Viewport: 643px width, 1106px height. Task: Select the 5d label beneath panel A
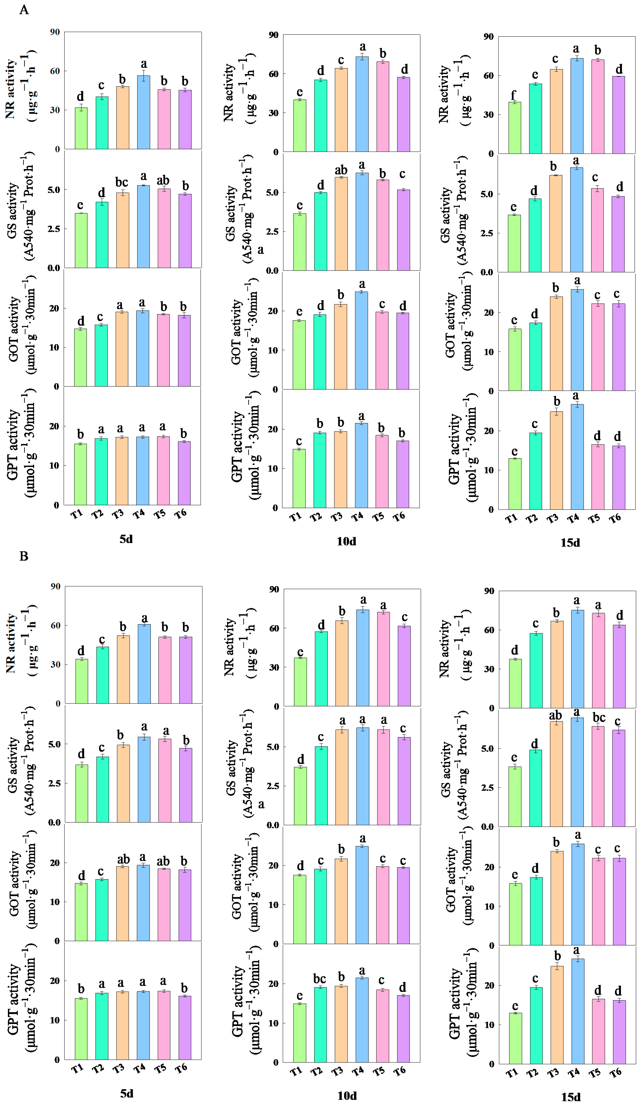pos(126,539)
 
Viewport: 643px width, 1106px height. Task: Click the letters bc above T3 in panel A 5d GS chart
pos(122,182)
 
